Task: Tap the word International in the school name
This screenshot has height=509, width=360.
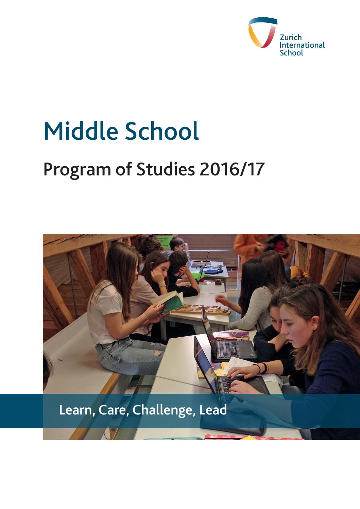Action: pos(302,45)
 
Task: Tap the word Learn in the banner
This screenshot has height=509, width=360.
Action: pos(76,410)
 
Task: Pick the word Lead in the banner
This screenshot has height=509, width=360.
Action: pos(213,410)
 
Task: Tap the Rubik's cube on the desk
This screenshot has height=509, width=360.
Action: pos(218,282)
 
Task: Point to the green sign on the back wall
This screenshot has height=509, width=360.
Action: pos(165,240)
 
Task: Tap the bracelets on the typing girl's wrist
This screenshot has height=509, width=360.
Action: pos(264,367)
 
